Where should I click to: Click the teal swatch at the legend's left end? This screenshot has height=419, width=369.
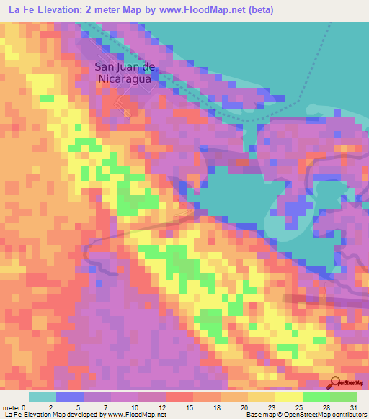coord(42,397)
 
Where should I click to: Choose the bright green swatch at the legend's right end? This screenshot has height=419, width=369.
coord(343,397)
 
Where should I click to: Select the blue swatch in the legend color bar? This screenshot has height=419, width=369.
coord(69,397)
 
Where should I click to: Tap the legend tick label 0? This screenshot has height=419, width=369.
coord(30,407)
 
